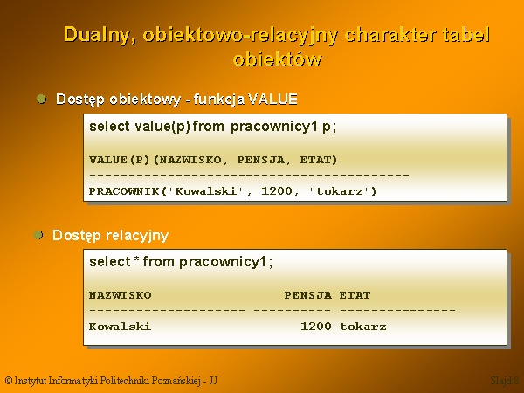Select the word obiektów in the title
tap(278, 59)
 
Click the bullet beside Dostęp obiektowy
tap(41, 99)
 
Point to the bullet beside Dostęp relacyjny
tap(38, 235)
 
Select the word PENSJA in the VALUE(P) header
tap(261, 160)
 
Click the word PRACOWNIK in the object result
tap(124, 191)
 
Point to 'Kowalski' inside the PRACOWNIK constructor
tap(206, 191)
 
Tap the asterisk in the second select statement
tap(136, 259)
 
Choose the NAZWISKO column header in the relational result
tap(121, 295)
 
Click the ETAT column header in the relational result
tap(355, 295)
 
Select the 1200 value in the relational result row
tap(316, 326)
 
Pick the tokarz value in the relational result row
tap(363, 326)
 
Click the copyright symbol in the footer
tap(9, 380)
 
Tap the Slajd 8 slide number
tap(505, 380)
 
